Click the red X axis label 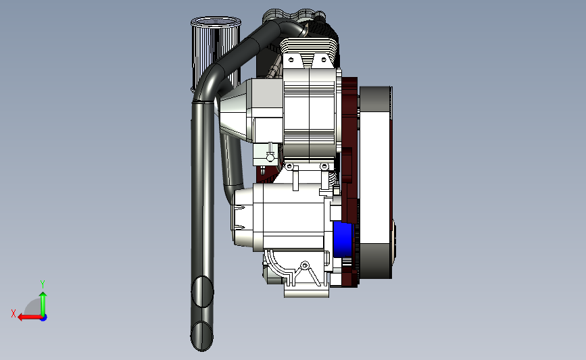click(14, 313)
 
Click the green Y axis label click(43, 284)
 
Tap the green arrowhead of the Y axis click(43, 295)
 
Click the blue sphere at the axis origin click(44, 318)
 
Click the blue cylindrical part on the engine click(343, 239)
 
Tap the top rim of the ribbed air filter click(216, 22)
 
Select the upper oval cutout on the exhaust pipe click(202, 292)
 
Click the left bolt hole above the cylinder click(291, 59)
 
